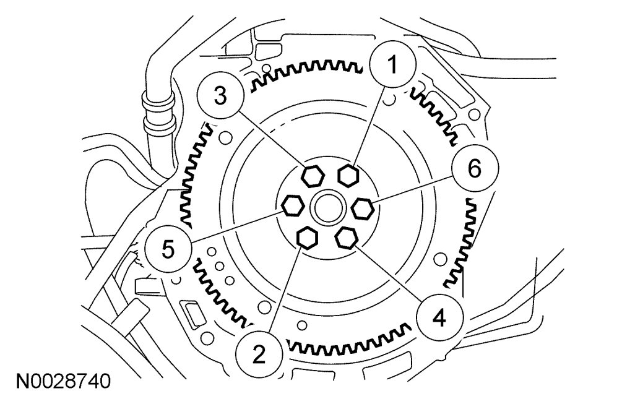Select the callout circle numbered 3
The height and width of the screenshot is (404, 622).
(220, 97)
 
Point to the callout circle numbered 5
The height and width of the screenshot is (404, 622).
(168, 248)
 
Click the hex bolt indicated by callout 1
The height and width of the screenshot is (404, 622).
(349, 174)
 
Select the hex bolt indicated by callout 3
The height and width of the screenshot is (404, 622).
(312, 176)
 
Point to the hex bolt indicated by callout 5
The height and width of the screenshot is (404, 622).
(292, 205)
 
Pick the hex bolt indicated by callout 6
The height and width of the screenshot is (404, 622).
(363, 208)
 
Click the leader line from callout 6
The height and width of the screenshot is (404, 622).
(415, 189)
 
